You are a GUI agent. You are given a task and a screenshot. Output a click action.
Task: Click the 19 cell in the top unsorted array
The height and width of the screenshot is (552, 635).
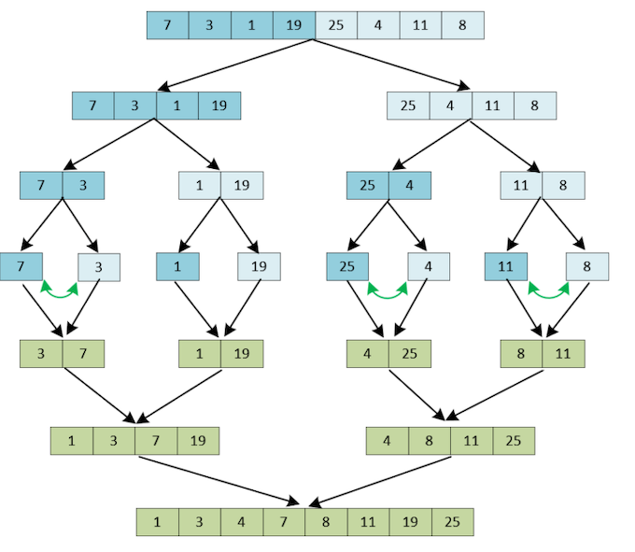click(x=294, y=25)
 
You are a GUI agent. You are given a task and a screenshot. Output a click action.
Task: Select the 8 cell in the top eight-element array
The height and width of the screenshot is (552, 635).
click(x=462, y=25)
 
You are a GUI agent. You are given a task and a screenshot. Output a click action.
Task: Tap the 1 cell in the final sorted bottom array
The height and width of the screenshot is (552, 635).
click(x=157, y=521)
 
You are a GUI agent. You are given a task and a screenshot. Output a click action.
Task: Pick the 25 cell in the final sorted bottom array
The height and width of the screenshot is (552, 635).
click(x=452, y=521)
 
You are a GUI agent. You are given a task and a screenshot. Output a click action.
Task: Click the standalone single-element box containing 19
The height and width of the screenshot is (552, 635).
click(x=259, y=267)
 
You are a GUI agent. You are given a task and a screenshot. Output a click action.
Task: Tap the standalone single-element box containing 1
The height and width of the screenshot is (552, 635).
click(x=176, y=267)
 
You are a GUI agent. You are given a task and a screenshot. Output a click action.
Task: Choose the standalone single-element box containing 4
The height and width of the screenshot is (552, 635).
click(x=429, y=267)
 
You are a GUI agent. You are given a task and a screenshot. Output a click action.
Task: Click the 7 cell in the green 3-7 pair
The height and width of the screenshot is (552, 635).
click(x=83, y=354)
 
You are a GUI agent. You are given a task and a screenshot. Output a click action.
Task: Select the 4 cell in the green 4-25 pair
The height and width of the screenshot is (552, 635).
click(x=367, y=354)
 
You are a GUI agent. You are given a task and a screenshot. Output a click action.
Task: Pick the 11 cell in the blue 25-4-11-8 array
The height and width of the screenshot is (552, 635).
click(x=493, y=106)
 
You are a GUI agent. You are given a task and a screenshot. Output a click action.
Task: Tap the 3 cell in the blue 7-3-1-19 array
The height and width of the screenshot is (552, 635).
click(x=135, y=106)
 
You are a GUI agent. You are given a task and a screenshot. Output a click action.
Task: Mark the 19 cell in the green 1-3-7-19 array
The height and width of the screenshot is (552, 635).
click(x=198, y=441)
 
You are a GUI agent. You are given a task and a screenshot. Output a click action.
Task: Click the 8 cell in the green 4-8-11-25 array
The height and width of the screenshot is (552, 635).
click(x=430, y=441)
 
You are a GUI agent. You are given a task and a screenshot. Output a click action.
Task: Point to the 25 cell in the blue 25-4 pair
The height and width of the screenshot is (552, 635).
click(x=367, y=186)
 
